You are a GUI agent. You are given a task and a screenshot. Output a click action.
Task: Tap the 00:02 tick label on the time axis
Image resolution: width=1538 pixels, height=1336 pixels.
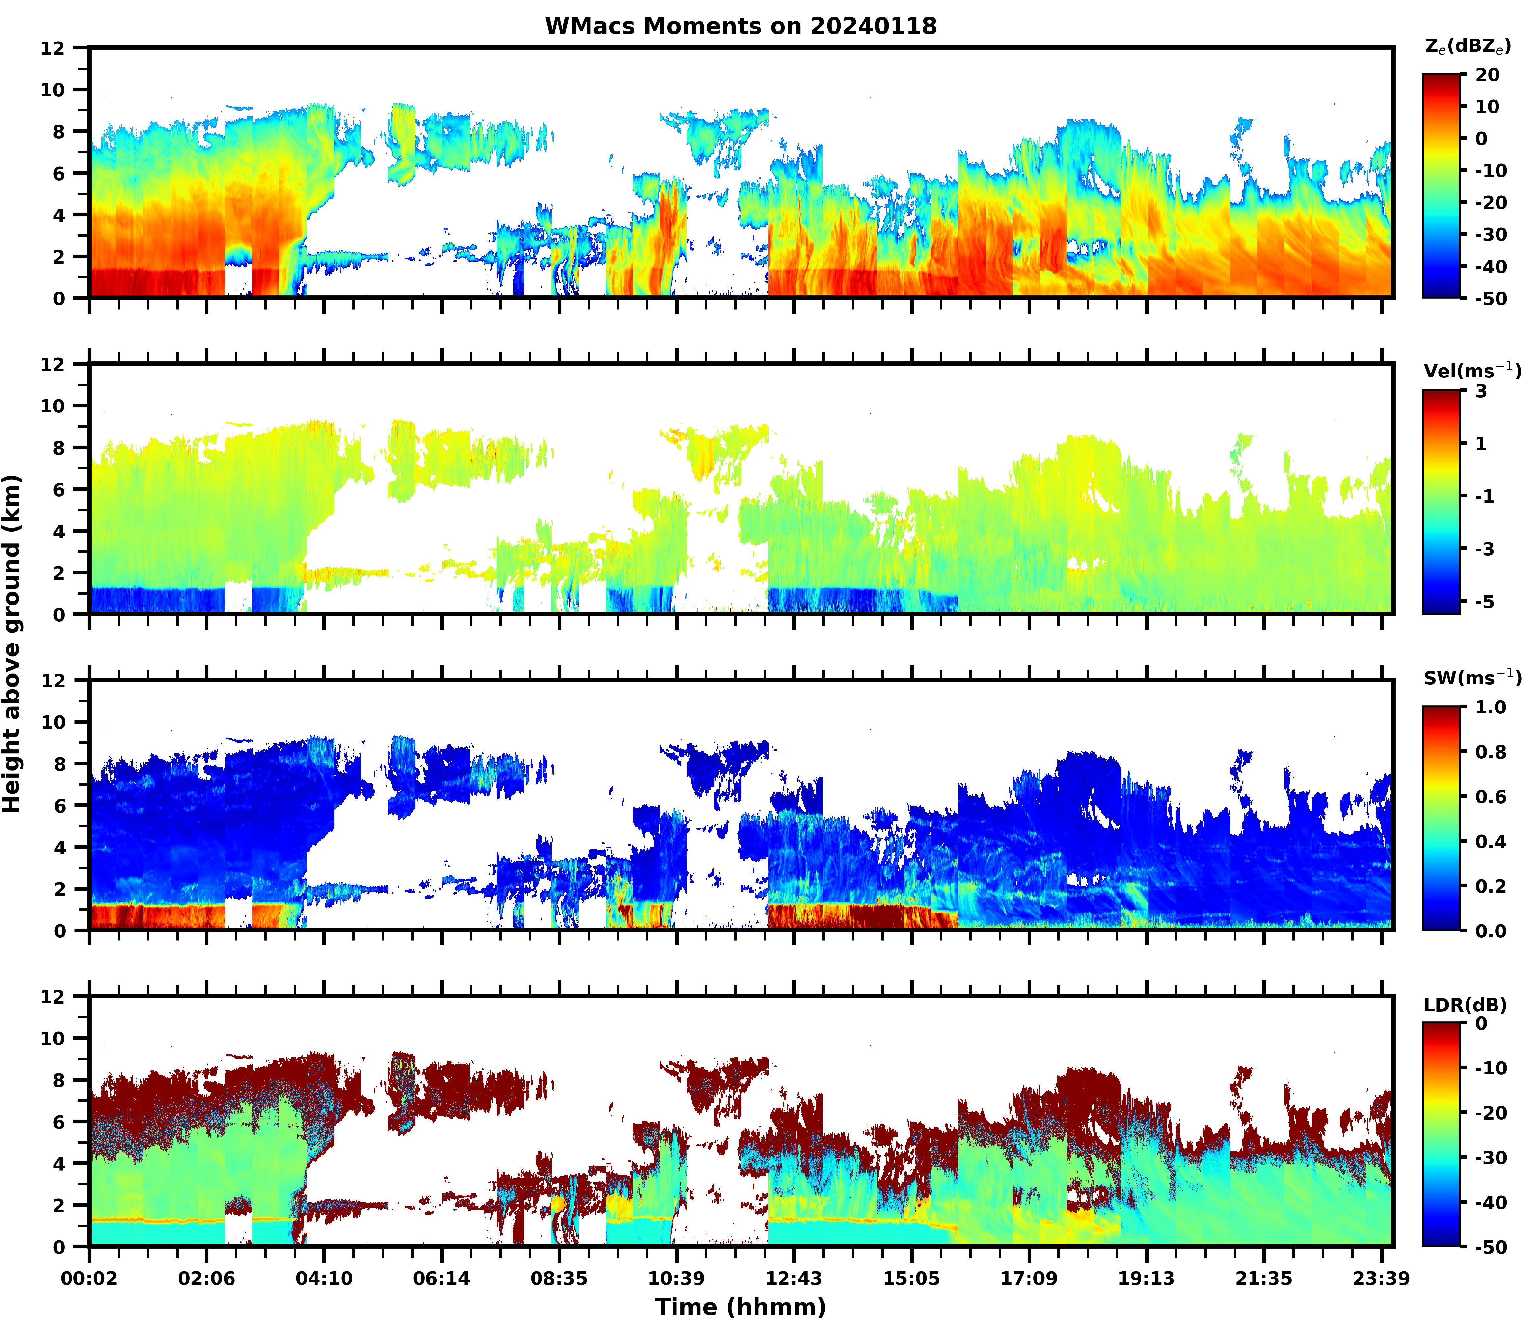[x=90, y=1279]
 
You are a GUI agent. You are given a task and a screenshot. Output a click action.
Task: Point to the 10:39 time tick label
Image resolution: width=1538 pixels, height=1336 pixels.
[x=676, y=1279]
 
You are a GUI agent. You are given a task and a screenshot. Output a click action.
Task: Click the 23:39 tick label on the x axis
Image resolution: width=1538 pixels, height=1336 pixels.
[x=1382, y=1279]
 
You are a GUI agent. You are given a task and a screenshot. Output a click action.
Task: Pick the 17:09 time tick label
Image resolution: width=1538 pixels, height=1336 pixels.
[x=1029, y=1279]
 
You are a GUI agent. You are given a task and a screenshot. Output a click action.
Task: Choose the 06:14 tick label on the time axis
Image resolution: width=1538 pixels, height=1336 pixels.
[x=441, y=1279]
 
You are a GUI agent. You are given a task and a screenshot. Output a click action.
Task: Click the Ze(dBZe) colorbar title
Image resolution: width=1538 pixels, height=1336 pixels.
[x=1467, y=46]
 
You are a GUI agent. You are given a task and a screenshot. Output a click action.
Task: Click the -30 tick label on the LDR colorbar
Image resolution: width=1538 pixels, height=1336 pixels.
[x=1490, y=1158]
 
